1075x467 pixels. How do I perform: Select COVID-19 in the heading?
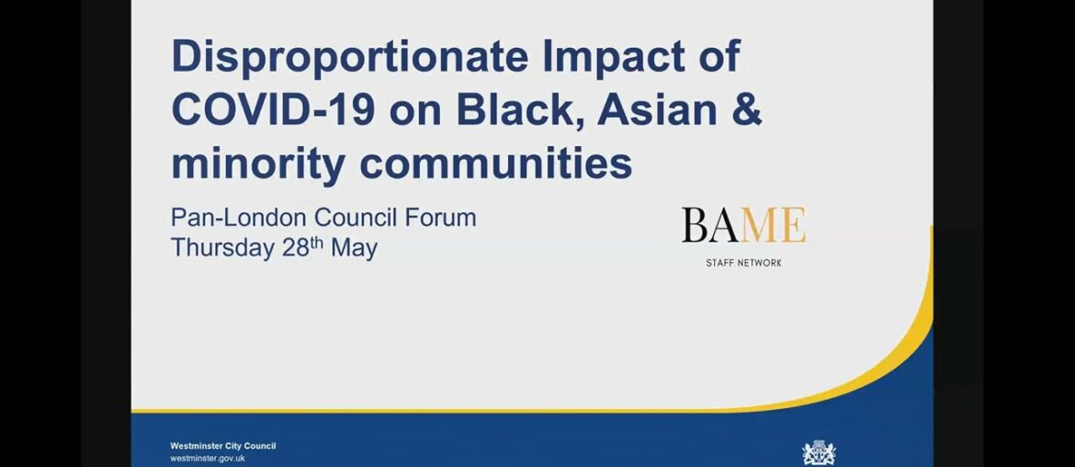pyautogui.click(x=273, y=110)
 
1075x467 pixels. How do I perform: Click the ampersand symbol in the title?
pyautogui.click(x=747, y=110)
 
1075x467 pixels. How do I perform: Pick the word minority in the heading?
pyautogui.click(x=258, y=164)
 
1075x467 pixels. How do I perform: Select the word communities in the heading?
pyautogui.click(x=495, y=164)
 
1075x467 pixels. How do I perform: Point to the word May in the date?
pyautogui.click(x=353, y=248)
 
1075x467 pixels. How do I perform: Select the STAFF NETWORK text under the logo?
pyautogui.click(x=743, y=263)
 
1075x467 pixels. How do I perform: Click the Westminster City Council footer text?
pyautogui.click(x=222, y=446)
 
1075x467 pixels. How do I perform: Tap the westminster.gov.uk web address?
pyautogui.click(x=208, y=458)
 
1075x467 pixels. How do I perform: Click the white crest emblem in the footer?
pyautogui.click(x=819, y=452)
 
